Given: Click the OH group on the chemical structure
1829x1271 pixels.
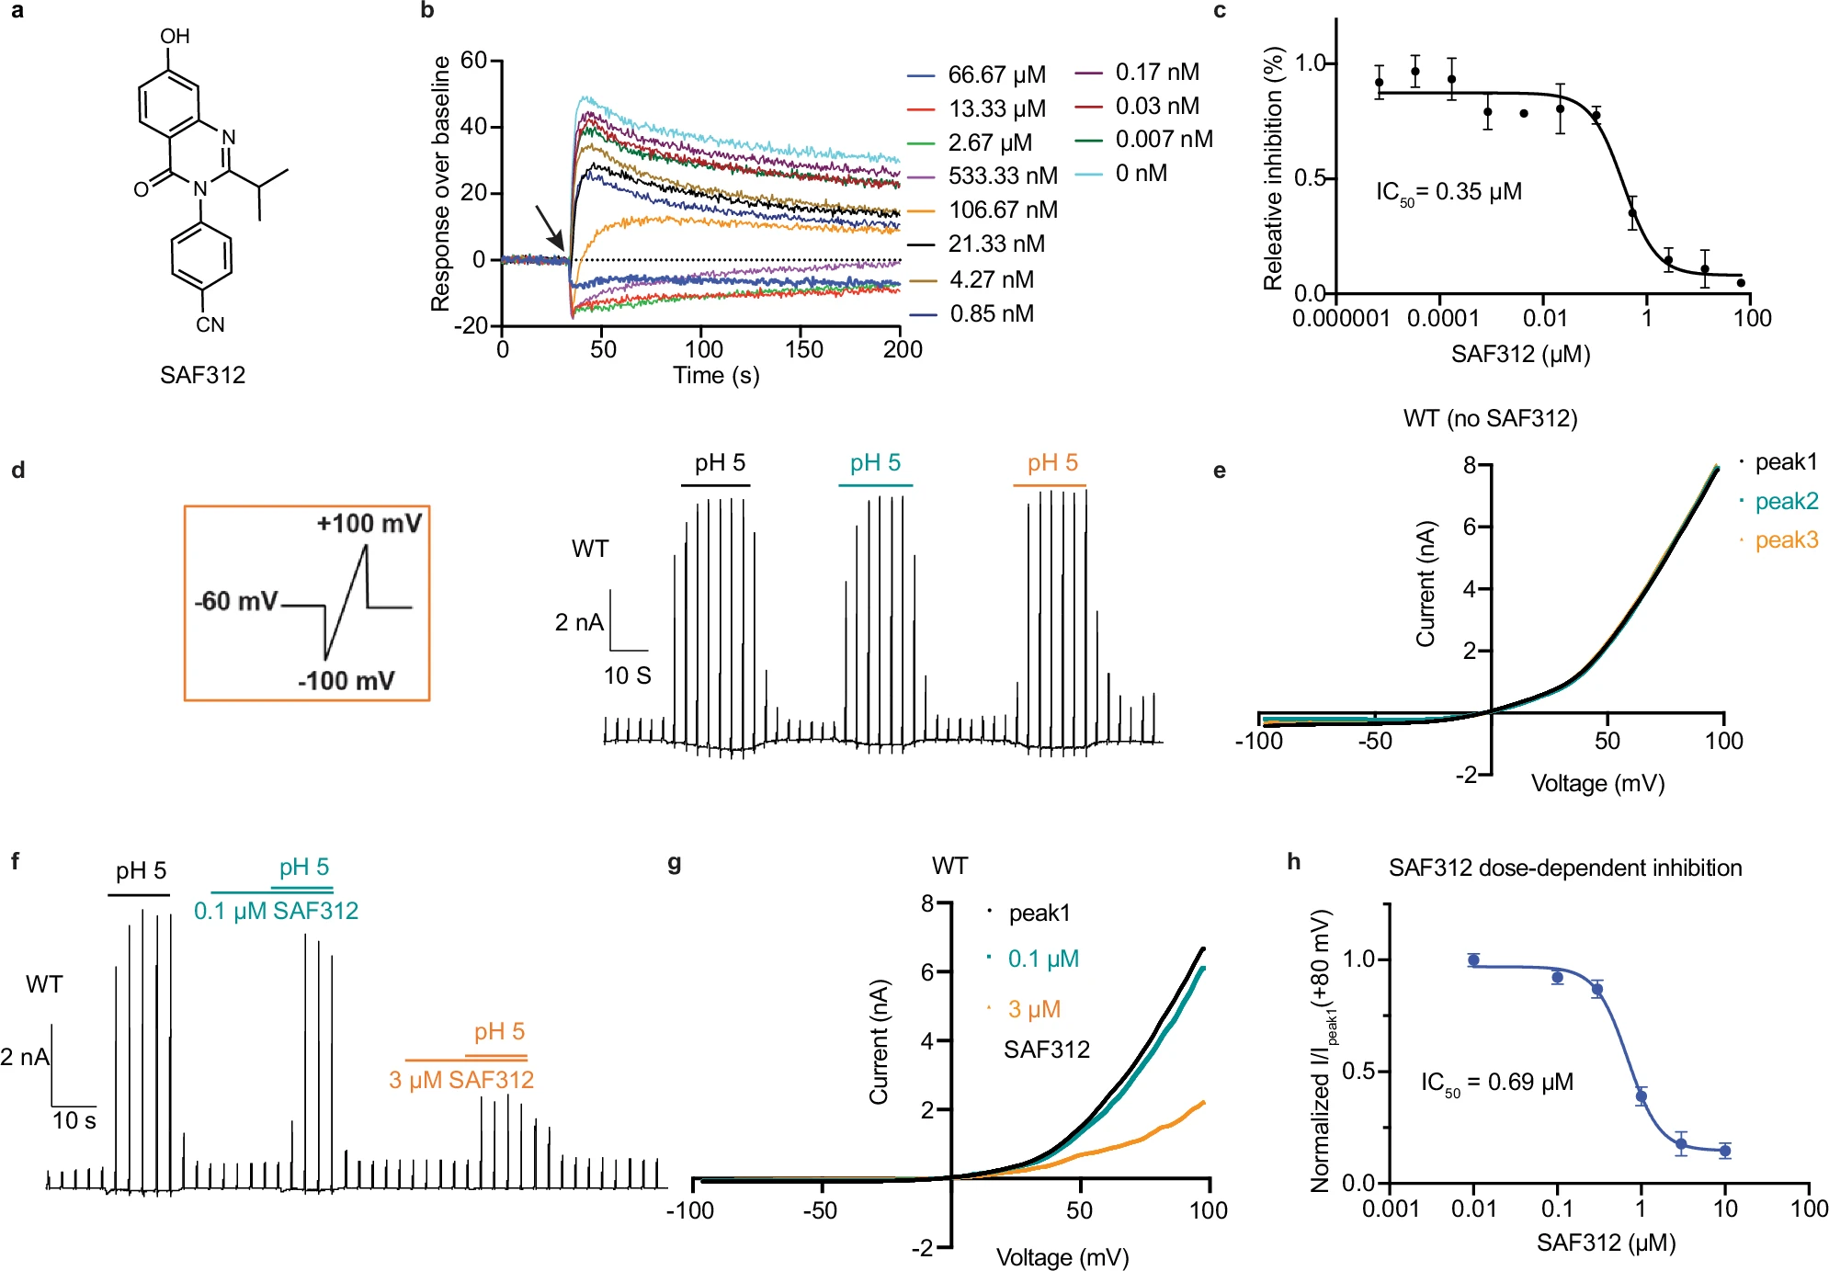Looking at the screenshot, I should click(x=175, y=36).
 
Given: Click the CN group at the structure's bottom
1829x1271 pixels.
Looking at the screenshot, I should click(x=210, y=324).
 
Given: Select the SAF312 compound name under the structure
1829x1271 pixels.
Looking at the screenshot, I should click(x=202, y=375).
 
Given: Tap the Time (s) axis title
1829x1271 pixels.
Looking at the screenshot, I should click(x=716, y=375).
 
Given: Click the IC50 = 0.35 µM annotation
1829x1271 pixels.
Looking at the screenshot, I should click(x=1448, y=192).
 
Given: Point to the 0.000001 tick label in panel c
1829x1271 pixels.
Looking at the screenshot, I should click(x=1341, y=319).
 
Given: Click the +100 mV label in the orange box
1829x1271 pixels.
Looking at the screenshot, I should click(x=369, y=524).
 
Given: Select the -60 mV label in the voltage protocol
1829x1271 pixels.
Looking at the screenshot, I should click(x=236, y=601).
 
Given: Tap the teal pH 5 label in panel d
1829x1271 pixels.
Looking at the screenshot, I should click(x=875, y=462).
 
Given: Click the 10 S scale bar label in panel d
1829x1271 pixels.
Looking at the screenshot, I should click(x=627, y=676).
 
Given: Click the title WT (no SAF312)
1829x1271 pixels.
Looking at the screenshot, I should click(x=1490, y=419).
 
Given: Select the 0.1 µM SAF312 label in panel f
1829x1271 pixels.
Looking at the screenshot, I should click(x=276, y=911).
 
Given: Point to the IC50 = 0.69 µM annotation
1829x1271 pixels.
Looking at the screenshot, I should click(x=1496, y=1083).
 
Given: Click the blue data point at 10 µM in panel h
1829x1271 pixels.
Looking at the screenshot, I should click(x=1725, y=1150).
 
